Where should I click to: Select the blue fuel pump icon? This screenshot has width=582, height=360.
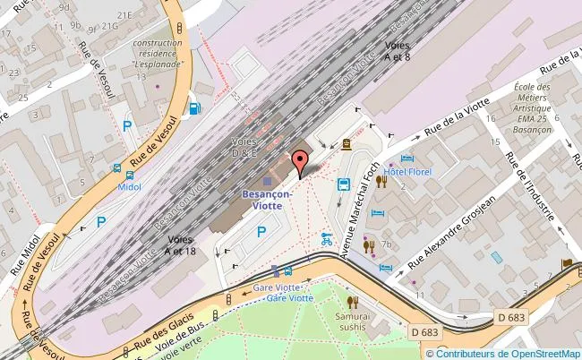point(194,110)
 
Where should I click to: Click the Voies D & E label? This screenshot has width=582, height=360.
point(244,148)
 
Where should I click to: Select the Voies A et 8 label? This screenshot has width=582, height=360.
point(398,50)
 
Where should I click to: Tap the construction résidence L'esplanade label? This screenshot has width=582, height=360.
point(158,54)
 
